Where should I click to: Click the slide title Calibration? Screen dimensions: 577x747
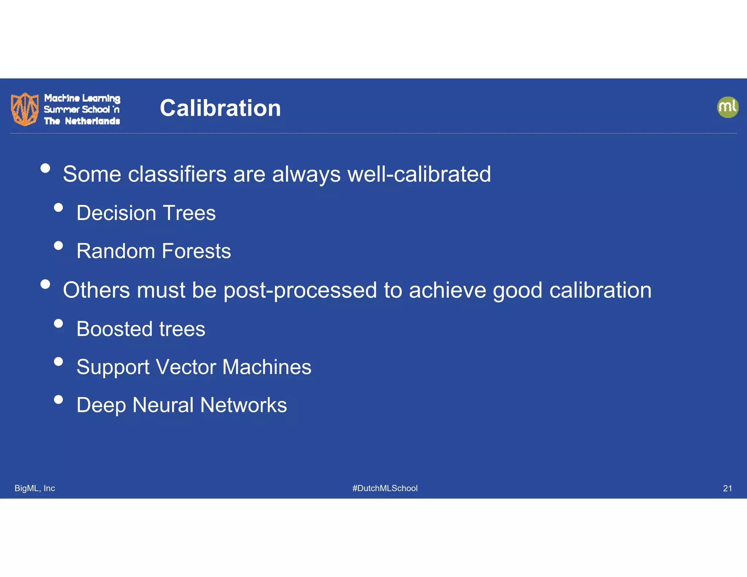pos(220,108)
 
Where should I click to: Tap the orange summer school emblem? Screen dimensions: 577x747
pos(24,109)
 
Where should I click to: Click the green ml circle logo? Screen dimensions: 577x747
pos(727,107)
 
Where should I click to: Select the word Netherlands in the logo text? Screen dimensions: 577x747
pos(92,121)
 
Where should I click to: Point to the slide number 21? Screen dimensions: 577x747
pos(727,488)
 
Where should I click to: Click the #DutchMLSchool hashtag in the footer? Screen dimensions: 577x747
pos(385,488)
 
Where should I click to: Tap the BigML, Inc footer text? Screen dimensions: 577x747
pos(35,488)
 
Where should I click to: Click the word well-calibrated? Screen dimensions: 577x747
pos(419,174)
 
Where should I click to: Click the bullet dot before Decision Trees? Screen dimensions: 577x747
pos(58,208)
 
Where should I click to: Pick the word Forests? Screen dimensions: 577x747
pos(196,251)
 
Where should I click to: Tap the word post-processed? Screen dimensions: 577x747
pos(300,291)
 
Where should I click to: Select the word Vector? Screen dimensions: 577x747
pos(186,367)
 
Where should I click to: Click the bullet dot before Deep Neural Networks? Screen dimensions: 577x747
pos(58,399)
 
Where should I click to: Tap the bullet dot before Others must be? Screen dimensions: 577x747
pos(45,284)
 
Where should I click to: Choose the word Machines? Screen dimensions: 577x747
pos(267,367)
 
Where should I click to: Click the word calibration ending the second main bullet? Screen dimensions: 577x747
pos(600,290)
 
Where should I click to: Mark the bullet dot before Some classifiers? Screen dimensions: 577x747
pos(45,168)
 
